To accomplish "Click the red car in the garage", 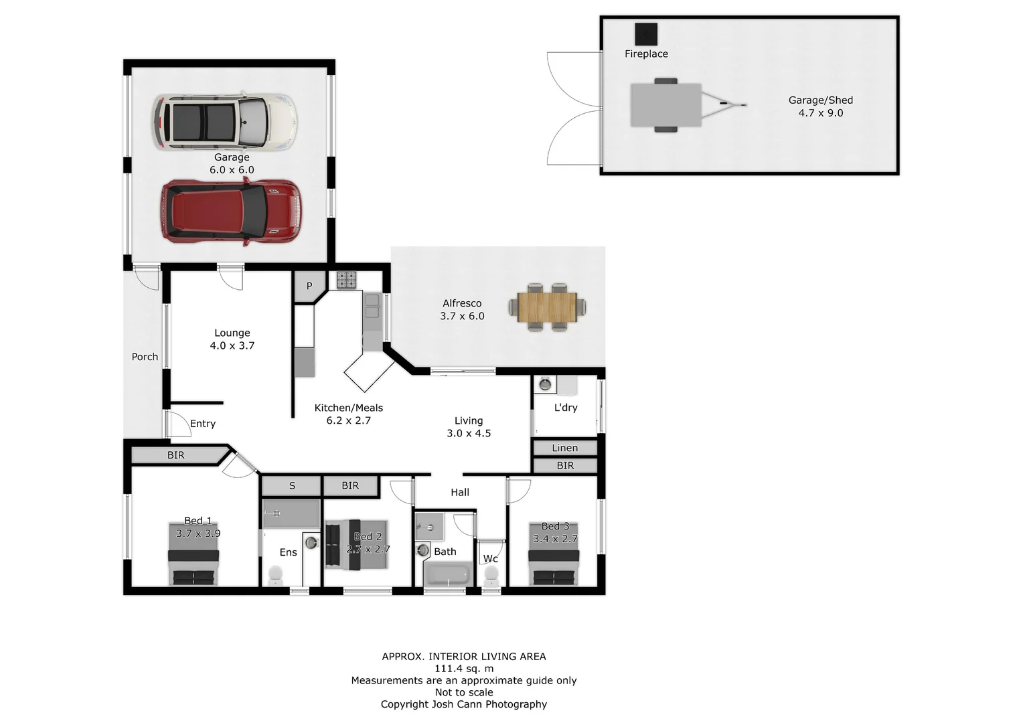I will point(230,212).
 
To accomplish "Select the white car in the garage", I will point(224,122).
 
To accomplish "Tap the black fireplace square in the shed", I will point(646,33).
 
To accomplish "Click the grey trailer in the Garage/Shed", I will point(666,105).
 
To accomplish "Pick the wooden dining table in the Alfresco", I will point(547,307).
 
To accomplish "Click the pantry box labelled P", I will point(309,286).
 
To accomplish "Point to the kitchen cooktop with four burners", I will point(346,279).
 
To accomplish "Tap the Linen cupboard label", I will point(564,448).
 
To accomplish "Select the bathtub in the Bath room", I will point(449,575).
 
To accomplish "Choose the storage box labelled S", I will point(291,485).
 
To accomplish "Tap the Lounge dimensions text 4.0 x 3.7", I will point(232,345).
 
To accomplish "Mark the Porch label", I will point(145,357).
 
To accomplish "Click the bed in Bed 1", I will point(193,556).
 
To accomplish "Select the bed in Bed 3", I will point(554,556).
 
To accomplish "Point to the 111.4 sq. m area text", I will point(463,668).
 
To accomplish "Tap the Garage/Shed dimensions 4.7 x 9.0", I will point(820,113).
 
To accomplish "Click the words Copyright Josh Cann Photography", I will point(463,704).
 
